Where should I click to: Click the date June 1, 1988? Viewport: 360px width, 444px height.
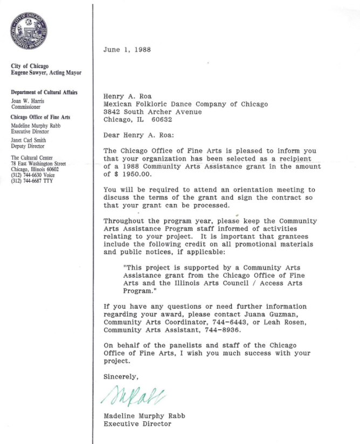[127, 50]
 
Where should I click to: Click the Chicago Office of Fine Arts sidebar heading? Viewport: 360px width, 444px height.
[40, 117]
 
